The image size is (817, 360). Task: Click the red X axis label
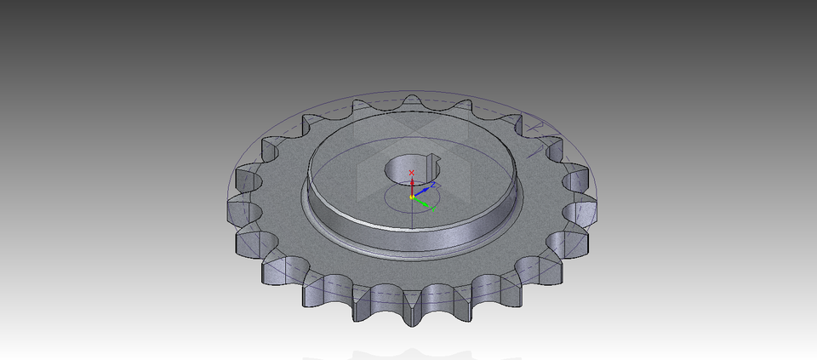tap(412, 173)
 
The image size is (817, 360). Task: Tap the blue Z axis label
tap(433, 184)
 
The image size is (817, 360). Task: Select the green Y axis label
tap(433, 209)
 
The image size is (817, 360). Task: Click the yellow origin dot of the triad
tap(412, 197)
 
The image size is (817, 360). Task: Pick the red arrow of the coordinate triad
tap(412, 186)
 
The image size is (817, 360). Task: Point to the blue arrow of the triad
tap(423, 190)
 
